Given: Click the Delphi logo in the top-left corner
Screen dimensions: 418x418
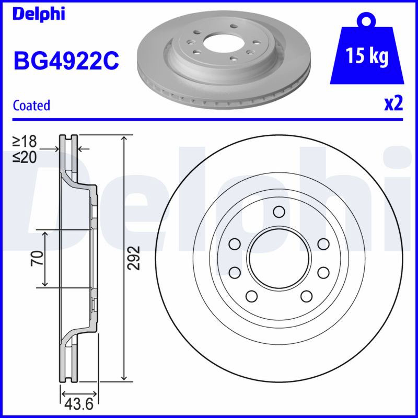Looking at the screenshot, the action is point(39,14).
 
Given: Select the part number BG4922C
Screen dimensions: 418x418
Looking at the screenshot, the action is point(66,61).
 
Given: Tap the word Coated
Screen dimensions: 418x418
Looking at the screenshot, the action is point(31,106).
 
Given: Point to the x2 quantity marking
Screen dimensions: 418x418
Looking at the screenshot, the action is point(393,104).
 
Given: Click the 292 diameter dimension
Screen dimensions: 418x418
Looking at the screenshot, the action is point(134,258).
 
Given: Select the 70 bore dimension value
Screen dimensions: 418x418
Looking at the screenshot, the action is point(37,258).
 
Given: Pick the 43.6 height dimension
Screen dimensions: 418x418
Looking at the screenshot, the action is point(79,404).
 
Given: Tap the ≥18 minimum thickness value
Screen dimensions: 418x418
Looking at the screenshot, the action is point(24,141).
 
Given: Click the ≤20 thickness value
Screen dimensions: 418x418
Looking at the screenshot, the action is point(24,157).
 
